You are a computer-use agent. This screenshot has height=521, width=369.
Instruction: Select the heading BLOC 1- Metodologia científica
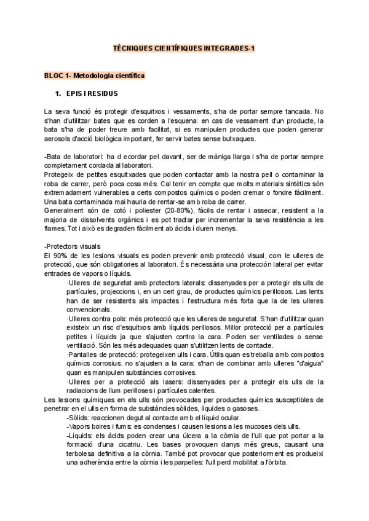(94, 76)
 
